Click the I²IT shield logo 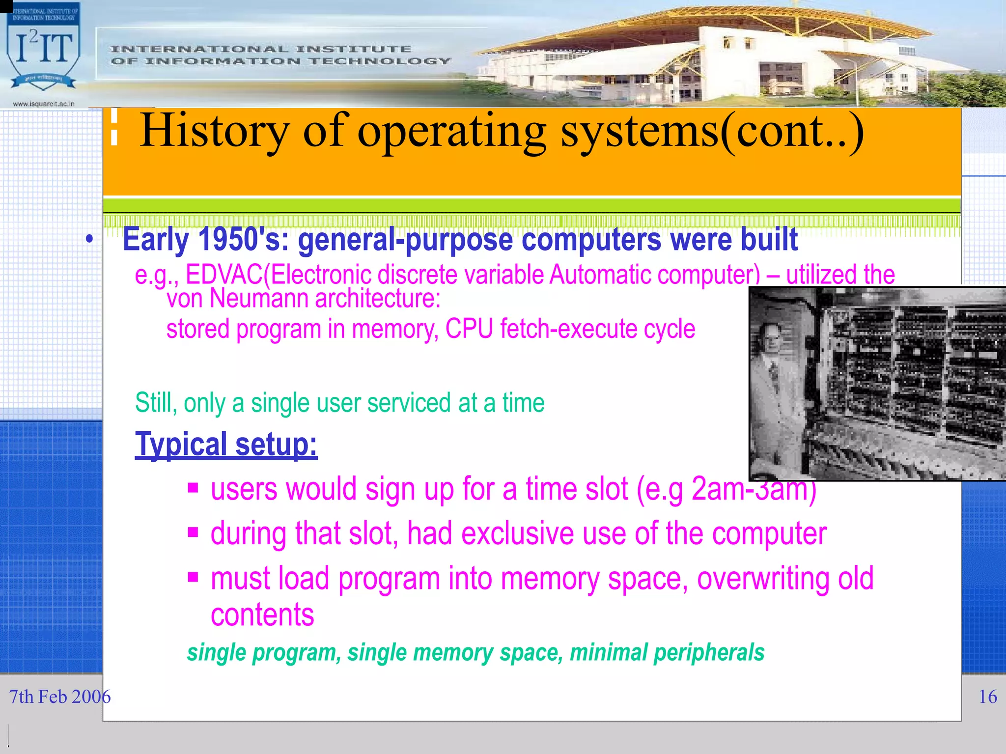coord(43,52)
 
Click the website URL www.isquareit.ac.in coord(43,104)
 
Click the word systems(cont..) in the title coord(712,131)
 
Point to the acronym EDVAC coord(224,274)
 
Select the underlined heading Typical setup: coord(226,444)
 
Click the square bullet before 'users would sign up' coord(193,488)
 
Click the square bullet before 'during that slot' coord(193,532)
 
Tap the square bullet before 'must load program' coord(193,576)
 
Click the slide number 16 coord(987,697)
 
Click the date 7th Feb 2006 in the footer coord(59,697)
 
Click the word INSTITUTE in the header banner coord(353,49)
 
